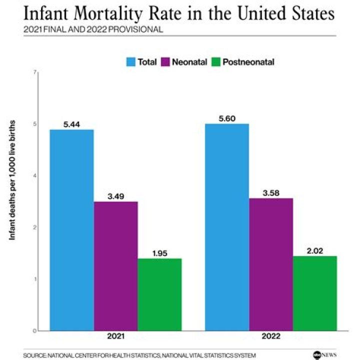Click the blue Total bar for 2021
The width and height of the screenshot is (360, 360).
click(x=71, y=229)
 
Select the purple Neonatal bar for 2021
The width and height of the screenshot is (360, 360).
click(x=115, y=265)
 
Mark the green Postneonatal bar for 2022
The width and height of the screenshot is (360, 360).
click(x=315, y=293)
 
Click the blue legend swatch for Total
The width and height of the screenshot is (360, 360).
click(x=131, y=62)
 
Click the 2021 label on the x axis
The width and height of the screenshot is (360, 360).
click(x=115, y=337)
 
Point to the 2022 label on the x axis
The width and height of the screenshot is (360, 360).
click(x=271, y=337)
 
